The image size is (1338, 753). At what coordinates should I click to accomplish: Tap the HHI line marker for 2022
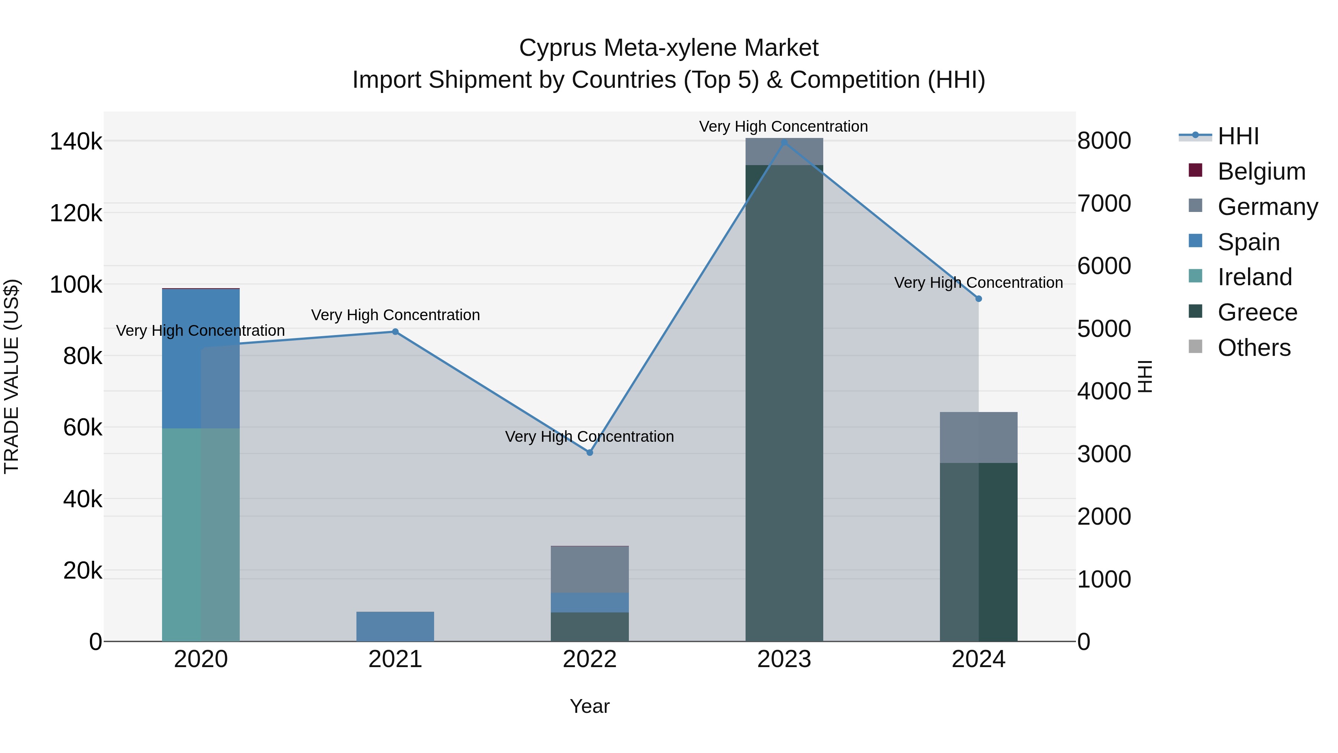[589, 453]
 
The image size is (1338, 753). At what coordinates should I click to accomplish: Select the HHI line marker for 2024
[979, 299]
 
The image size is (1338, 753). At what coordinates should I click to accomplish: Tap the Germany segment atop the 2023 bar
[784, 152]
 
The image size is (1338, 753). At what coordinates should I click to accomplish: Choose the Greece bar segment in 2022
[589, 627]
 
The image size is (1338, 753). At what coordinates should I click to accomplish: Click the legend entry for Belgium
[1261, 171]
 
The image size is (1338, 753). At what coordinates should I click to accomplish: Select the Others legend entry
[1254, 348]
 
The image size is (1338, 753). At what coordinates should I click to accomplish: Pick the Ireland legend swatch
[1195, 276]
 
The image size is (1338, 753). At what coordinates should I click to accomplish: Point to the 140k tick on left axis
[76, 141]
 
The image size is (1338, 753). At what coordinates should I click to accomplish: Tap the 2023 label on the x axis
[784, 659]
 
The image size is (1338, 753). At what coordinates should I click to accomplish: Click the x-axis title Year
[589, 706]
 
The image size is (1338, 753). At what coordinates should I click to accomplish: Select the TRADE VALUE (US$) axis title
[12, 376]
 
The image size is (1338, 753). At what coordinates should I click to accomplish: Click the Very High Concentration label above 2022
[589, 437]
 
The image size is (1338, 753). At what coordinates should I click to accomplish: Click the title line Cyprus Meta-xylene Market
[669, 48]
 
